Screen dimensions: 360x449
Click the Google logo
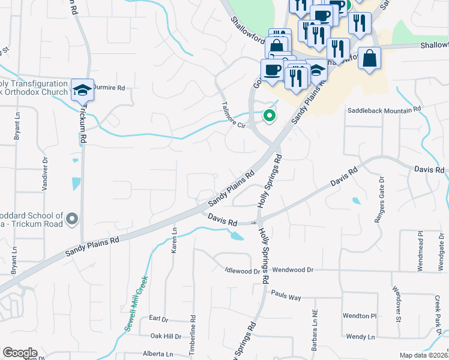pyautogui.click(x=20, y=353)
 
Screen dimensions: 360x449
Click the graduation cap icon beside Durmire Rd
pyautogui.click(x=82, y=91)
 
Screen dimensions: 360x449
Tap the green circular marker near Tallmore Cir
pyautogui.click(x=270, y=116)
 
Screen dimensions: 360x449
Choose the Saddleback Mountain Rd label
pyautogui.click(x=384, y=110)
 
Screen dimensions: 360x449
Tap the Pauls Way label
pyautogui.click(x=285, y=296)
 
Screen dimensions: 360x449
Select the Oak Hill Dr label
pyautogui.click(x=165, y=337)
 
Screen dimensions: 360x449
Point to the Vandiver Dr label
pyautogui.click(x=44, y=174)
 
